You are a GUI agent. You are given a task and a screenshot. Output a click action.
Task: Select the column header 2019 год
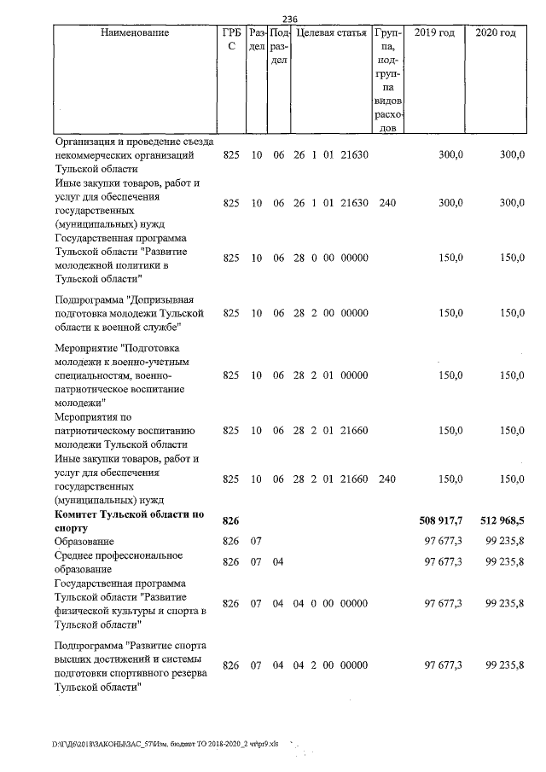434,33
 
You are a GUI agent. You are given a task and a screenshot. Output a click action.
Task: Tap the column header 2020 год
495,33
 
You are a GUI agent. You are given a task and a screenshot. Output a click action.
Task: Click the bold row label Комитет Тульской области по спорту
130,521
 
